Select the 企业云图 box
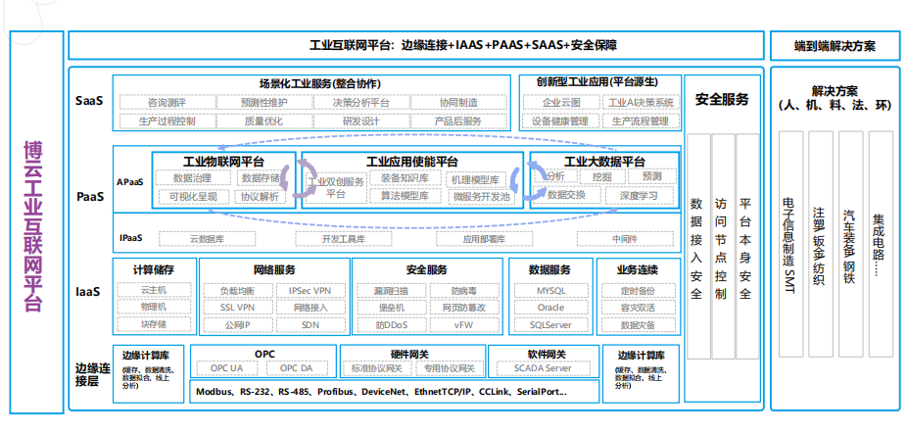(561, 102)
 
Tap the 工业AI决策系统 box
(642, 102)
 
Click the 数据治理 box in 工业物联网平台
(192, 177)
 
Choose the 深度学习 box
(639, 195)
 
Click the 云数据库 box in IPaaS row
(207, 238)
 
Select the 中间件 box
(625, 238)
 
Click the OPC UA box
(227, 368)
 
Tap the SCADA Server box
(543, 368)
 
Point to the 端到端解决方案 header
(835, 45)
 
